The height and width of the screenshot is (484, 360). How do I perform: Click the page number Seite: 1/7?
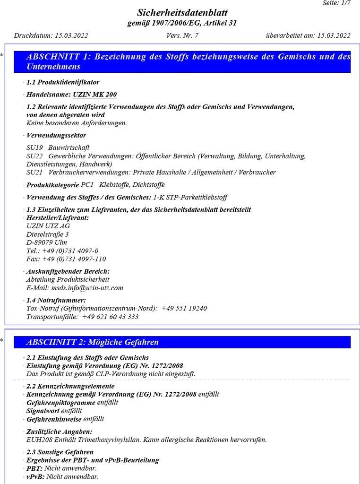[337, 3]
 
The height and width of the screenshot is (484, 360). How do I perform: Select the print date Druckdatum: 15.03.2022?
[51, 35]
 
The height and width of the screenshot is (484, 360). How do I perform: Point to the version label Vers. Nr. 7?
[182, 35]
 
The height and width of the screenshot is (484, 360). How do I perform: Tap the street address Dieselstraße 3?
[48, 234]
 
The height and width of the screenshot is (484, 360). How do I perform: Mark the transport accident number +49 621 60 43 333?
[110, 317]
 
